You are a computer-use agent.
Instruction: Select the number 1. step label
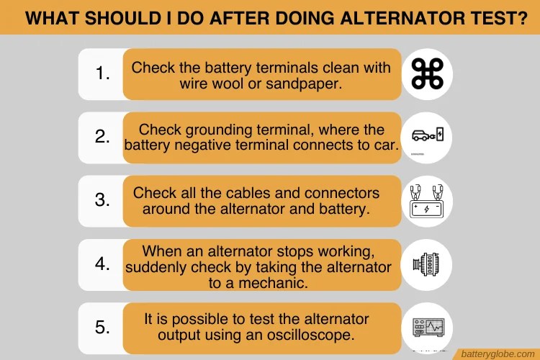coord(103,73)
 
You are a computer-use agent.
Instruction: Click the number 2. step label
coord(103,136)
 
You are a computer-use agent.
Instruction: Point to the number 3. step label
coord(103,200)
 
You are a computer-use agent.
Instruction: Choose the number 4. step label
coord(103,264)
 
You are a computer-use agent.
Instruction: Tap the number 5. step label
coord(103,327)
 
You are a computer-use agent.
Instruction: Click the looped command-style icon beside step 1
coord(428,73)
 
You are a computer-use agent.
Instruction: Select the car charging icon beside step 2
coord(428,135)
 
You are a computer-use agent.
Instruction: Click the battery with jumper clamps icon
coord(427,202)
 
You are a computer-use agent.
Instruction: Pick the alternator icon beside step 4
coord(426,264)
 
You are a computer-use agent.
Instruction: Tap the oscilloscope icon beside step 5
coord(428,328)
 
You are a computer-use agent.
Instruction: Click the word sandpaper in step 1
coord(304,84)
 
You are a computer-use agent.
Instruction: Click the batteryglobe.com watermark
coord(498,354)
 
